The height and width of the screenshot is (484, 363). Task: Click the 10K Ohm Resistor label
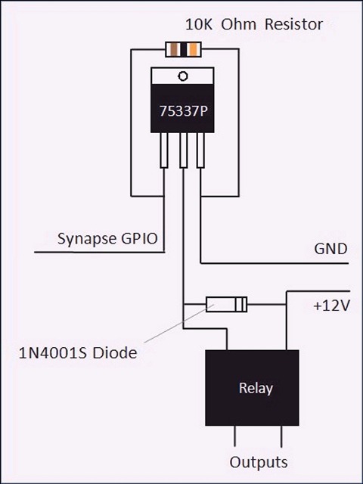click(254, 24)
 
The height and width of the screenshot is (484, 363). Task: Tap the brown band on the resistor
click(175, 49)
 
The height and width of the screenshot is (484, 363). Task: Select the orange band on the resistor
click(194, 49)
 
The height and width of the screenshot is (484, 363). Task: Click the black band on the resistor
click(184, 49)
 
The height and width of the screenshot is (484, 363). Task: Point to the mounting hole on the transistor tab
click(183, 76)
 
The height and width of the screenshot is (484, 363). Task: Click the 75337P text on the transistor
click(183, 111)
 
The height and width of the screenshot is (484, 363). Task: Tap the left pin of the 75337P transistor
click(164, 150)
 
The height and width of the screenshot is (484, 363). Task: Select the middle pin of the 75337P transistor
click(183, 150)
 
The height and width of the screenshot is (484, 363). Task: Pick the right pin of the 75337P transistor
click(200, 150)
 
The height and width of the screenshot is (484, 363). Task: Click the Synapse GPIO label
click(107, 239)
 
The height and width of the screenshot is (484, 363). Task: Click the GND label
click(330, 249)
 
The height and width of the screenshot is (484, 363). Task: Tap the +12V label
click(331, 306)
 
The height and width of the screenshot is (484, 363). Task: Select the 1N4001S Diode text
click(78, 353)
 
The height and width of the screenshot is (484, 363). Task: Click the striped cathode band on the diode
click(240, 304)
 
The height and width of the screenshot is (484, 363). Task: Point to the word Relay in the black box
click(256, 388)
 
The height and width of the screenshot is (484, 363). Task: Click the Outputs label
click(259, 462)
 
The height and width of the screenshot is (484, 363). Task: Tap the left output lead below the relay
click(235, 436)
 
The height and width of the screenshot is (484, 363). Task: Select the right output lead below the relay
click(281, 436)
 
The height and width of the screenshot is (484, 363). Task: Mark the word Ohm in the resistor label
click(239, 24)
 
